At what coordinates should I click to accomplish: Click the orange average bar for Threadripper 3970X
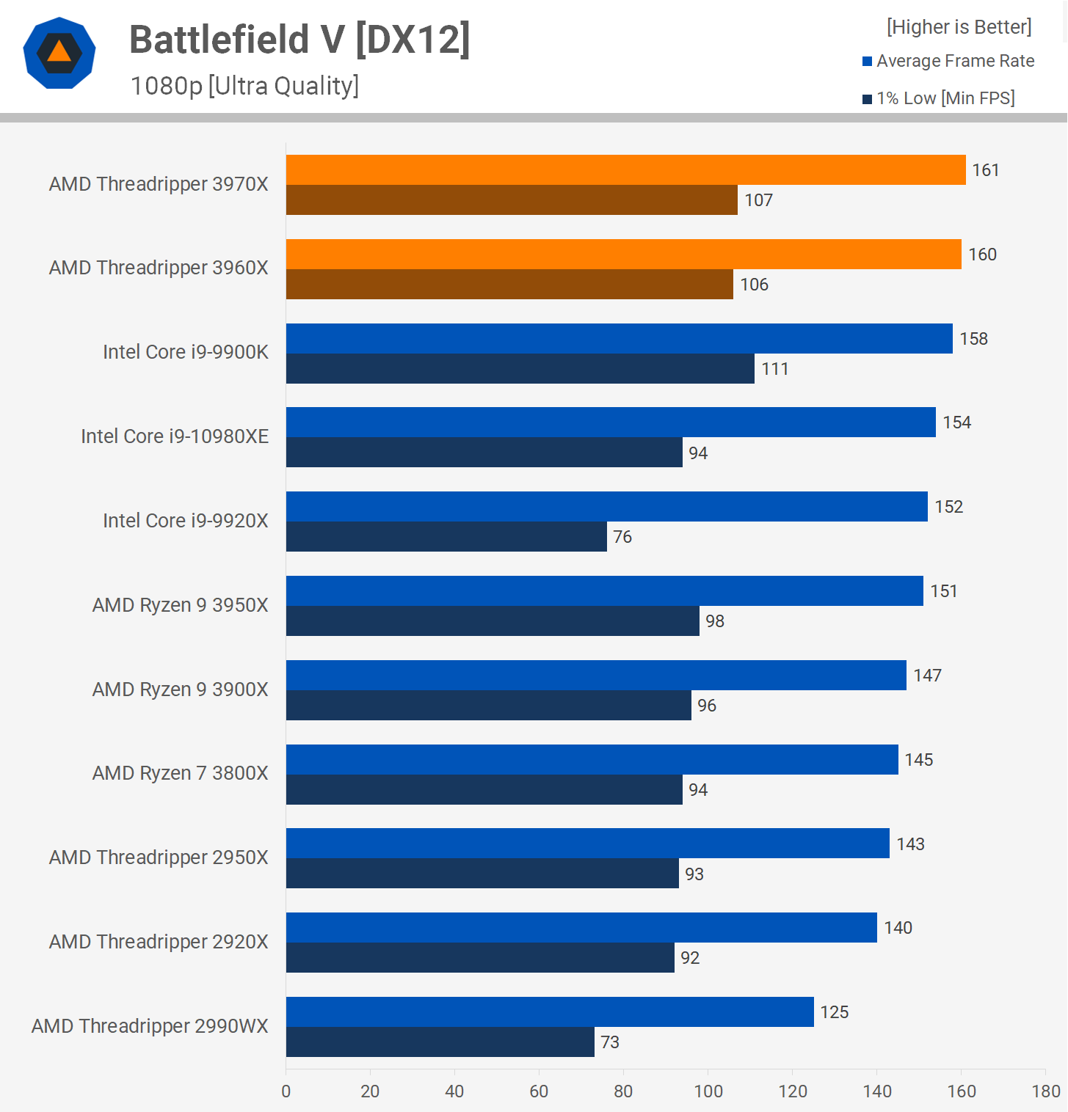click(625, 170)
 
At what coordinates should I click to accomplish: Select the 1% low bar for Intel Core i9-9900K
click(520, 369)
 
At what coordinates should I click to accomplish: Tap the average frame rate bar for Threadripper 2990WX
click(550, 1012)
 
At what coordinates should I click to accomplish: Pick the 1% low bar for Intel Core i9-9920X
click(446, 537)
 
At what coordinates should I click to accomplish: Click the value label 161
click(985, 170)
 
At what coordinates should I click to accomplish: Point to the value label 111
click(774, 369)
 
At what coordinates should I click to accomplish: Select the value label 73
click(610, 1042)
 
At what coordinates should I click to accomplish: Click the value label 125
click(834, 1012)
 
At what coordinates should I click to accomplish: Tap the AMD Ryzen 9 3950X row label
click(180, 605)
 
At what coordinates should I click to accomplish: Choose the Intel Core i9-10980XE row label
click(175, 436)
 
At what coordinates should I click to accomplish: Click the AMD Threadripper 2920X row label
click(159, 942)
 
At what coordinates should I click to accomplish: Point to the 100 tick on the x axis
click(708, 1091)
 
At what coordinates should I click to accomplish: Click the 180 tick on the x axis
click(1046, 1091)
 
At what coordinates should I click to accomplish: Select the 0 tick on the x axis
click(286, 1091)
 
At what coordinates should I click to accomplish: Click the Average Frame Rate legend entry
click(948, 61)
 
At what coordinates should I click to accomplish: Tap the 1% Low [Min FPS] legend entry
click(939, 98)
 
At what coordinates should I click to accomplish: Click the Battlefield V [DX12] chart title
click(299, 40)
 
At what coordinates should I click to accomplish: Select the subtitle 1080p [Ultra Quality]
click(244, 86)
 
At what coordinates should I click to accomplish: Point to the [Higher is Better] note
click(959, 27)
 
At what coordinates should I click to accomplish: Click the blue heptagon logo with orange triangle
click(59, 53)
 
